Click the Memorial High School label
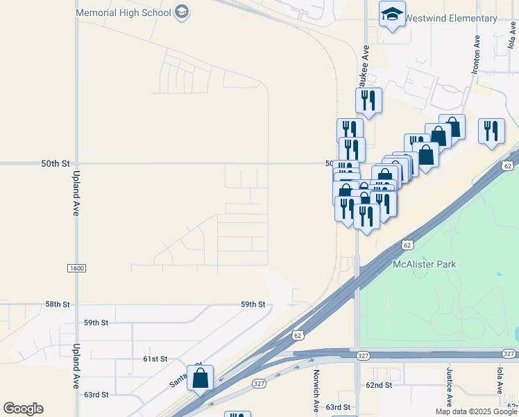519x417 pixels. click(x=123, y=13)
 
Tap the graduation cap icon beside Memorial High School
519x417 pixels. click(x=182, y=12)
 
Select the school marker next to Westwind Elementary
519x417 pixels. click(x=392, y=15)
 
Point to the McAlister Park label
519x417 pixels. click(x=424, y=264)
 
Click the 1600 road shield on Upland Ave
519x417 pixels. click(x=76, y=268)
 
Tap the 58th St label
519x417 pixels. click(x=58, y=304)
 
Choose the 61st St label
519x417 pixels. click(x=155, y=359)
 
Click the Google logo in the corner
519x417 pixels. click(x=23, y=409)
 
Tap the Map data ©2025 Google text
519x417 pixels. click(x=476, y=411)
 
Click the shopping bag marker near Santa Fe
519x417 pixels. click(x=201, y=379)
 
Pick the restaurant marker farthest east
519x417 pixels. click(x=492, y=131)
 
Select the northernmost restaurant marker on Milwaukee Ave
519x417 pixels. click(x=368, y=101)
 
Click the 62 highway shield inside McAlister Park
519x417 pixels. click(x=407, y=245)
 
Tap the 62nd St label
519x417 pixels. click(x=380, y=384)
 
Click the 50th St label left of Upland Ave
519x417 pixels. click(x=56, y=164)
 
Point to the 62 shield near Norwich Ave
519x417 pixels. click(x=297, y=334)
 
